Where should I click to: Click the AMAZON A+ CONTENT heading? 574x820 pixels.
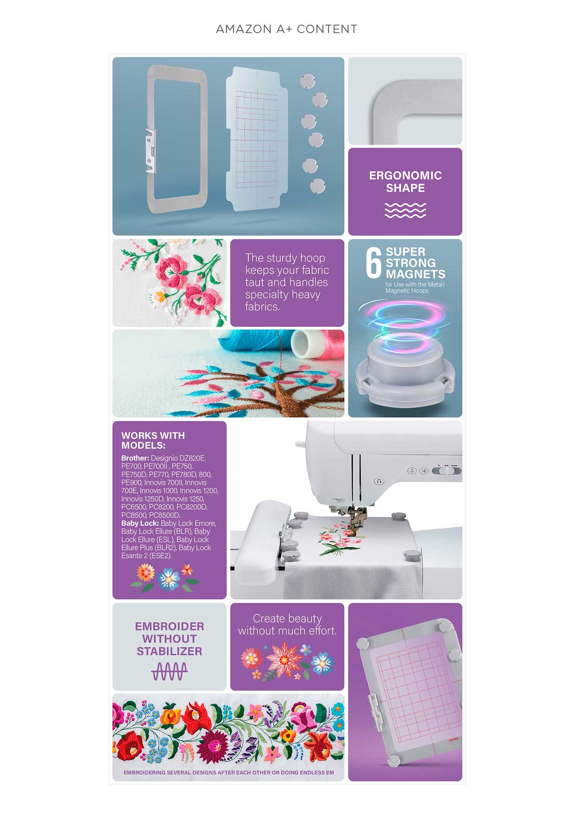tap(287, 29)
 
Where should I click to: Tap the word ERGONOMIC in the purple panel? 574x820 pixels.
tap(405, 175)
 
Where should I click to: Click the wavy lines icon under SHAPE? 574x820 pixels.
tap(405, 210)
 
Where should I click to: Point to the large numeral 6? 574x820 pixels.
tap(374, 263)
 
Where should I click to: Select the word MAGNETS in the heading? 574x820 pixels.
tap(415, 274)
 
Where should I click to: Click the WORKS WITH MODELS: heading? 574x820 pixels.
tap(153, 440)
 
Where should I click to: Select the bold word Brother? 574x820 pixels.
tap(136, 458)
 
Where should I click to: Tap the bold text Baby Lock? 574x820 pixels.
tap(140, 523)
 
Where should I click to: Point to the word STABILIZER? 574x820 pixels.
tap(169, 651)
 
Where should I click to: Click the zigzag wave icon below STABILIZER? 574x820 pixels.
tap(169, 671)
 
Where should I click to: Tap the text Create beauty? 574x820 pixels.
tap(287, 618)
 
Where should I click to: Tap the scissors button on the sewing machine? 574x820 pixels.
tap(424, 471)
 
